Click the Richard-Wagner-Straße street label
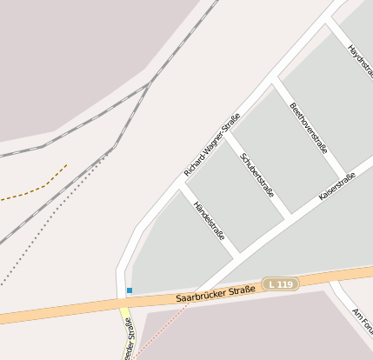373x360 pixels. coord(211,143)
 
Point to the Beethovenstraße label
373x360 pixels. coord(308,128)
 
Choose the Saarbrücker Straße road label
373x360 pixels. coord(216,293)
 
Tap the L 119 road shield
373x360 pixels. coord(283,284)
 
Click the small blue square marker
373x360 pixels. coord(130,290)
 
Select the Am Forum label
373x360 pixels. coord(362,322)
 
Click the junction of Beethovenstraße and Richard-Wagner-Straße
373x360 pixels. coord(276,80)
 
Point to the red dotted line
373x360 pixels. coord(165,321)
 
